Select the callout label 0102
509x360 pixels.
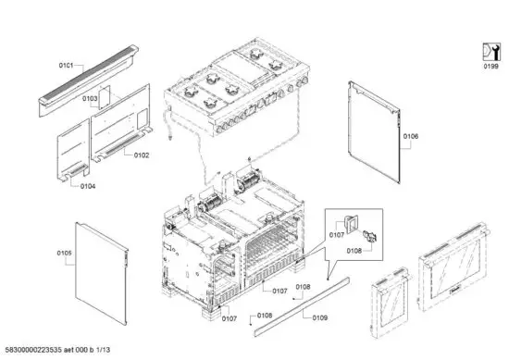(141, 155)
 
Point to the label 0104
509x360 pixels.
(87, 186)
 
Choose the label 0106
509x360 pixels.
(411, 137)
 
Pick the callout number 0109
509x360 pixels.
(319, 319)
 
